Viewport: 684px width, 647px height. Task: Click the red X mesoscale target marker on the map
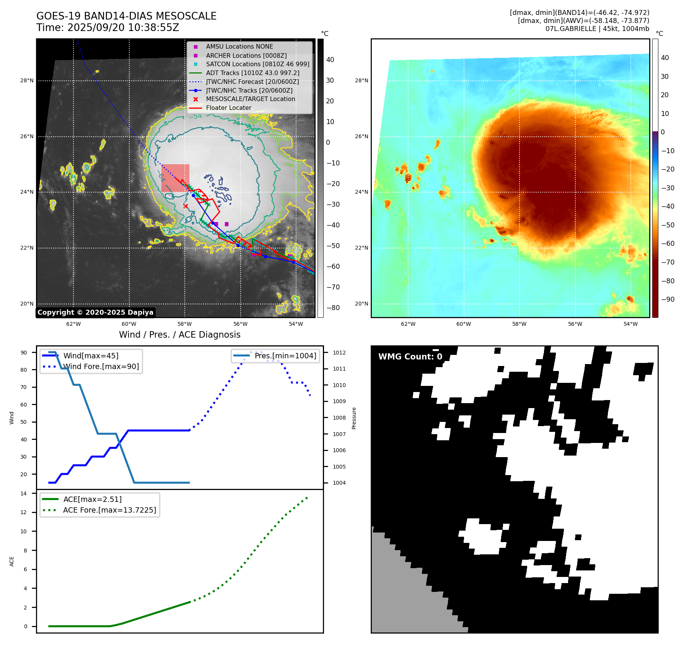point(186,206)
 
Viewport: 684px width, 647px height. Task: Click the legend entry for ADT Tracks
point(252,73)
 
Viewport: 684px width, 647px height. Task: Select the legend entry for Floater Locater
point(228,108)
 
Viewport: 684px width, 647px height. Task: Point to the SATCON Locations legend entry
point(257,64)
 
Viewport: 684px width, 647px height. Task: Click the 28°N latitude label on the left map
point(27,80)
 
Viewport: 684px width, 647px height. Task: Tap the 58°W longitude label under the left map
point(185,324)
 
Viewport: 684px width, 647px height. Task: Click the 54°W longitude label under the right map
point(630,324)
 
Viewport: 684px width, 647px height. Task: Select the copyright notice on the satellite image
point(95,312)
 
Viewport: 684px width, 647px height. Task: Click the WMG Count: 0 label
point(410,357)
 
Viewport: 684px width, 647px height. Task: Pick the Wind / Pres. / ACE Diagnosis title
point(180,335)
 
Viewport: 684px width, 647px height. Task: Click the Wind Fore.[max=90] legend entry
point(101,366)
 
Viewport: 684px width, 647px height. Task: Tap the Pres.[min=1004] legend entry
point(285,356)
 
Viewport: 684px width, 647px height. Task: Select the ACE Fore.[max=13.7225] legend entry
point(109,510)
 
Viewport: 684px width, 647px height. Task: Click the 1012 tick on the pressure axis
point(339,353)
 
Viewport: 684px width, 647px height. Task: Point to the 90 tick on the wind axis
point(24,353)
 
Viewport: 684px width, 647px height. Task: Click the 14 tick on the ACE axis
point(24,493)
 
